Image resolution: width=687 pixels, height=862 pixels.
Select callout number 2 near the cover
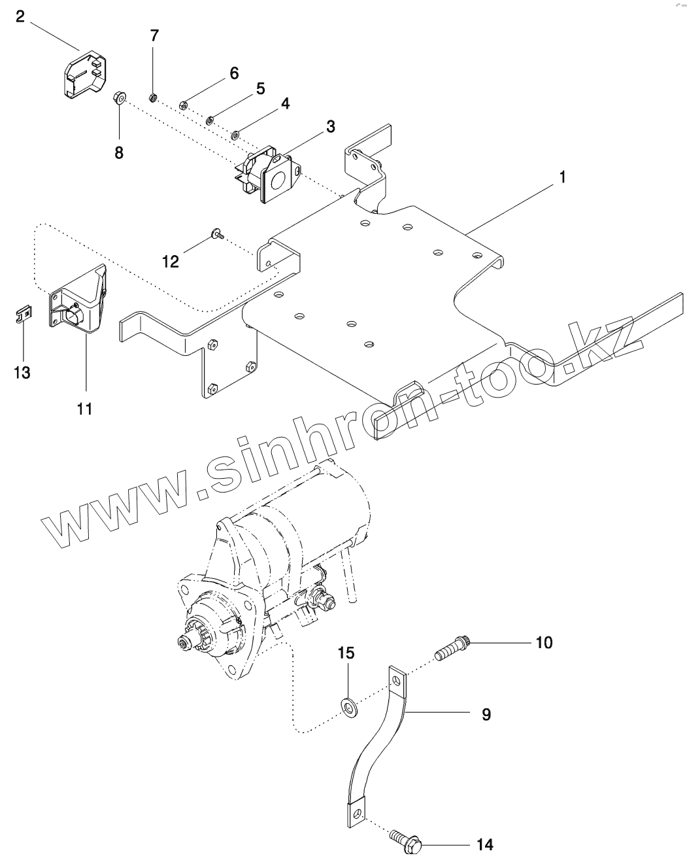20,16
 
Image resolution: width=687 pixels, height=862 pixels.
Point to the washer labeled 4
234,136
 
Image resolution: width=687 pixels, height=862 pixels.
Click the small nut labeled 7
152,98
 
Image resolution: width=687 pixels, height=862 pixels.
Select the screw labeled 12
217,232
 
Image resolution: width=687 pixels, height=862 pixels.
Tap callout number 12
170,262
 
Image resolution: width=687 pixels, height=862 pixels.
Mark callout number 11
84,409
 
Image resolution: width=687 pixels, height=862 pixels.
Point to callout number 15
346,652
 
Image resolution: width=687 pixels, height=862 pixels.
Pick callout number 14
484,844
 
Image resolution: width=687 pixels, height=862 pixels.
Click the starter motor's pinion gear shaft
185,643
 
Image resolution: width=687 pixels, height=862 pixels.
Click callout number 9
486,714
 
